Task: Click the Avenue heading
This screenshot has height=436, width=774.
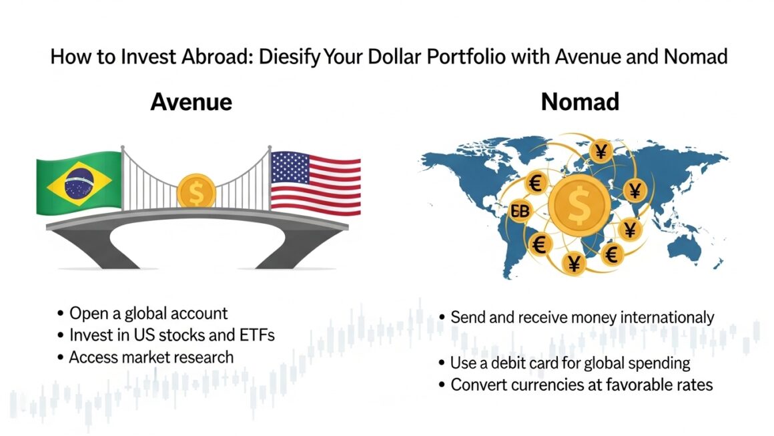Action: coord(191,101)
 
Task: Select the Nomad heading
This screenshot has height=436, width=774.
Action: coord(580,101)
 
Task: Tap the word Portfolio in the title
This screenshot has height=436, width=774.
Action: coord(466,57)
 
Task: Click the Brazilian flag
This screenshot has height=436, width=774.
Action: coord(79,183)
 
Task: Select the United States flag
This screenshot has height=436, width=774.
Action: coord(316,183)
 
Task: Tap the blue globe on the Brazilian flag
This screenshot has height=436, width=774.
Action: coord(79,183)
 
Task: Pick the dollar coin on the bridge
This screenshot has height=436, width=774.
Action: coord(196,192)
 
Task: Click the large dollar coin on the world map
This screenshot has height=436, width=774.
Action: coord(579,204)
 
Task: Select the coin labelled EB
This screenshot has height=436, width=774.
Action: coord(520,212)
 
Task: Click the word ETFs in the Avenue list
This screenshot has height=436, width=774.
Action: coord(257,335)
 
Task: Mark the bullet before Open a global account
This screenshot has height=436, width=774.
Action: coord(60,314)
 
